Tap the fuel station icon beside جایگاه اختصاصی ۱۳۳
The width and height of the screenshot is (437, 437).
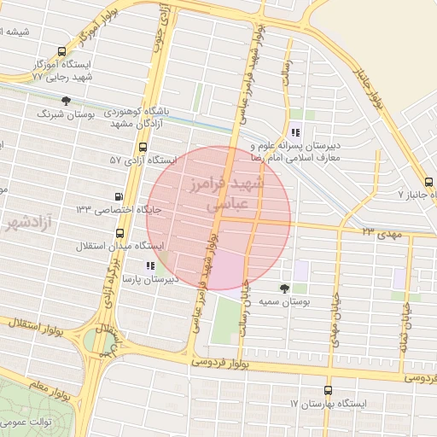tap(118, 196)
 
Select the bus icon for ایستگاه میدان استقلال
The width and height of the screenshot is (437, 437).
tap(118, 232)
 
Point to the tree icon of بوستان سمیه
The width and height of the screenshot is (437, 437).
tap(285, 288)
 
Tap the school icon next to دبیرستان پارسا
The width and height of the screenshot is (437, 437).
tap(151, 265)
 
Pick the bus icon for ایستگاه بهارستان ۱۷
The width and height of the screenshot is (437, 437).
tap(325, 389)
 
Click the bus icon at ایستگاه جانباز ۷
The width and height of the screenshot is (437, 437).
tap(429, 181)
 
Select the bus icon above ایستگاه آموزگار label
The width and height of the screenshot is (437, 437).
tap(61, 51)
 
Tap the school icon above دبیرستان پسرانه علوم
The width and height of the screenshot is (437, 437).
tap(295, 131)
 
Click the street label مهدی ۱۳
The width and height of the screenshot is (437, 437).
tap(380, 231)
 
